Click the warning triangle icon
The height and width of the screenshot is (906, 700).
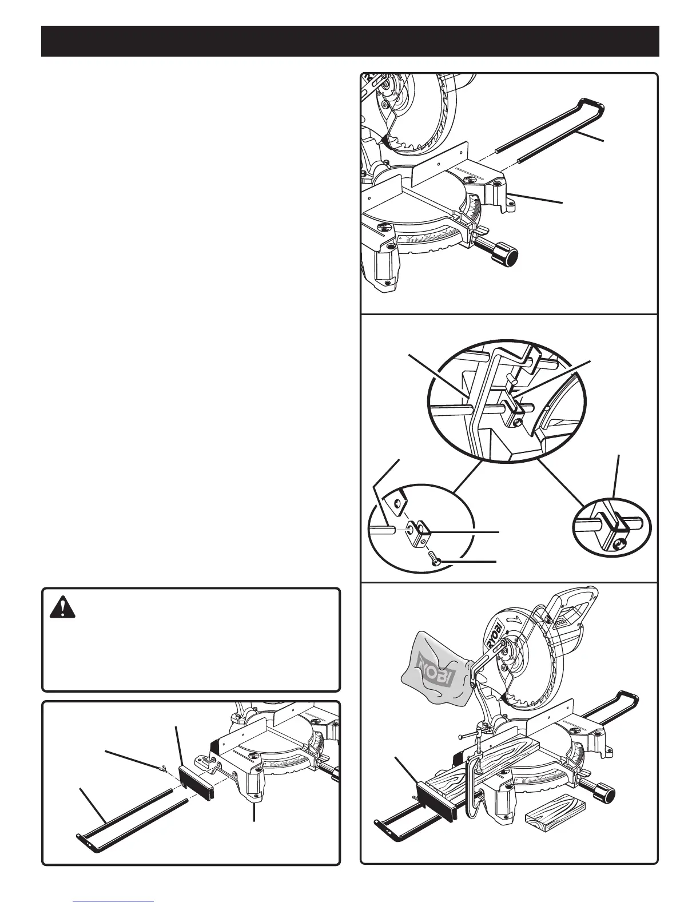click(58, 607)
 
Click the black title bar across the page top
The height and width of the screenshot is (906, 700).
click(350, 41)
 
